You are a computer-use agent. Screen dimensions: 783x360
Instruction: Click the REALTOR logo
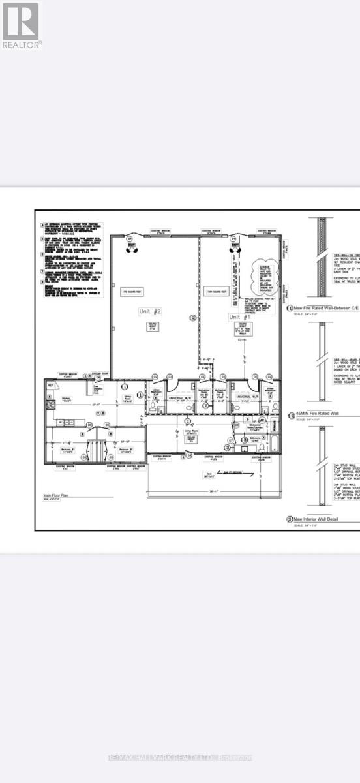point(21,25)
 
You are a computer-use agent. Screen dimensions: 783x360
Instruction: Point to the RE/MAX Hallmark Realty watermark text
point(179,757)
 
